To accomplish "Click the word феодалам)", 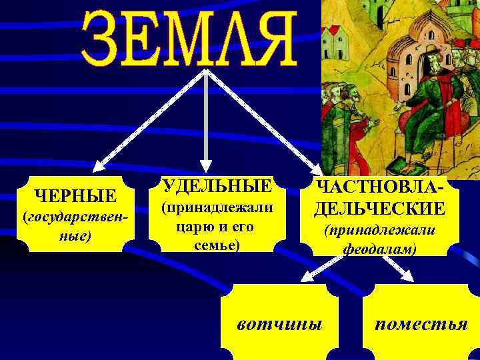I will tap(380, 249).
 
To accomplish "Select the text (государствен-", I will tap(75, 218).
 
